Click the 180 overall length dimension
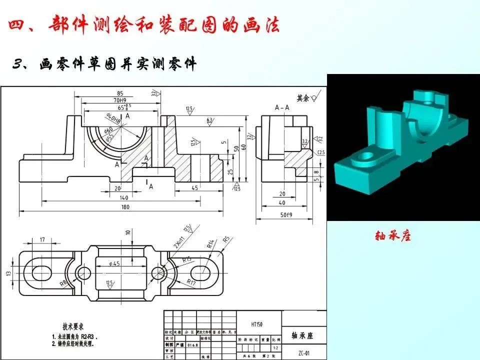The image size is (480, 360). point(131,207)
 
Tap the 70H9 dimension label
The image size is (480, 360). point(119,100)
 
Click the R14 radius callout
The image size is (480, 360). point(210,243)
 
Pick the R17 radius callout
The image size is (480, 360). point(190,282)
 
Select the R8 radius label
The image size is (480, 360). point(63,283)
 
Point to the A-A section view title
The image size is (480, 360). point(282,107)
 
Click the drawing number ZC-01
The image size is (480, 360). point(303,352)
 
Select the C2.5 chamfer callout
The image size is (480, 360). point(322,152)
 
